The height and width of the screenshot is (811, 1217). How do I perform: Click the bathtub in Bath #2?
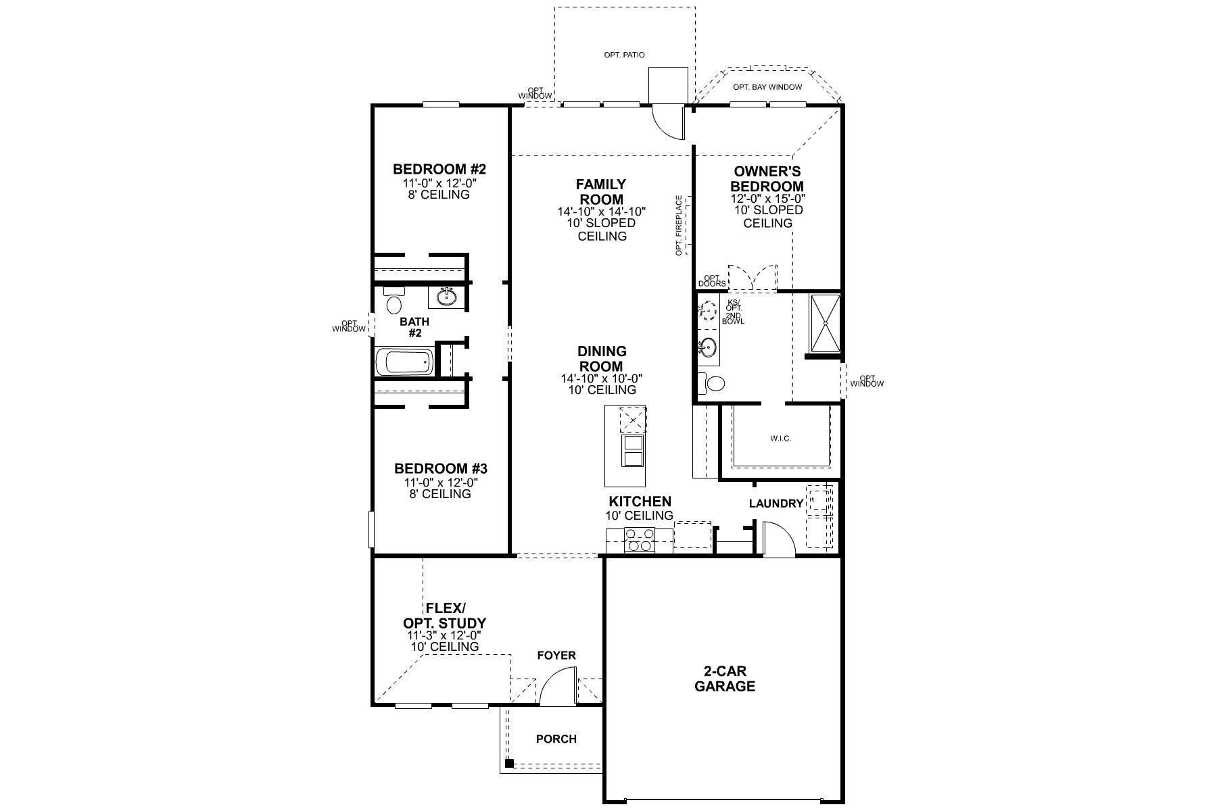[404, 362]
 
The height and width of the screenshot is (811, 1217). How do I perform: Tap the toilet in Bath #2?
[393, 302]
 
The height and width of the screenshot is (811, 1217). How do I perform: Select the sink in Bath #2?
[445, 296]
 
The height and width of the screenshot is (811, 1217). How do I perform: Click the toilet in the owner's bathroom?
[712, 383]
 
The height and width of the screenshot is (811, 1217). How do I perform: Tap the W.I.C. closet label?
[780, 439]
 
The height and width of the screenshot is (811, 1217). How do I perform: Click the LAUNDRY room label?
[775, 503]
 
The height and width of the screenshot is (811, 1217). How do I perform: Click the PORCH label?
[556, 739]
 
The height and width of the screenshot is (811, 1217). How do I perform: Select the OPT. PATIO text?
[624, 55]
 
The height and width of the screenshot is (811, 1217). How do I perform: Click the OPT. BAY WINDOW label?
[767, 87]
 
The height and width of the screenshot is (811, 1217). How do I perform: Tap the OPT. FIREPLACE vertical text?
[679, 225]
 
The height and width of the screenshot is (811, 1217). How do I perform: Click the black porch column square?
[509, 764]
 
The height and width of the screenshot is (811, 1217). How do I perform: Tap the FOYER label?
[556, 656]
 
